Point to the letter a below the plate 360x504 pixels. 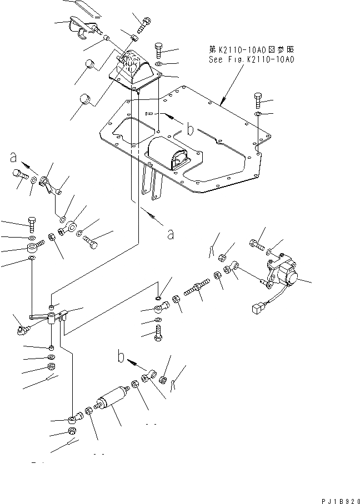click(x=171, y=234)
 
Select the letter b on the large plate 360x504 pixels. click(x=191, y=130)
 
